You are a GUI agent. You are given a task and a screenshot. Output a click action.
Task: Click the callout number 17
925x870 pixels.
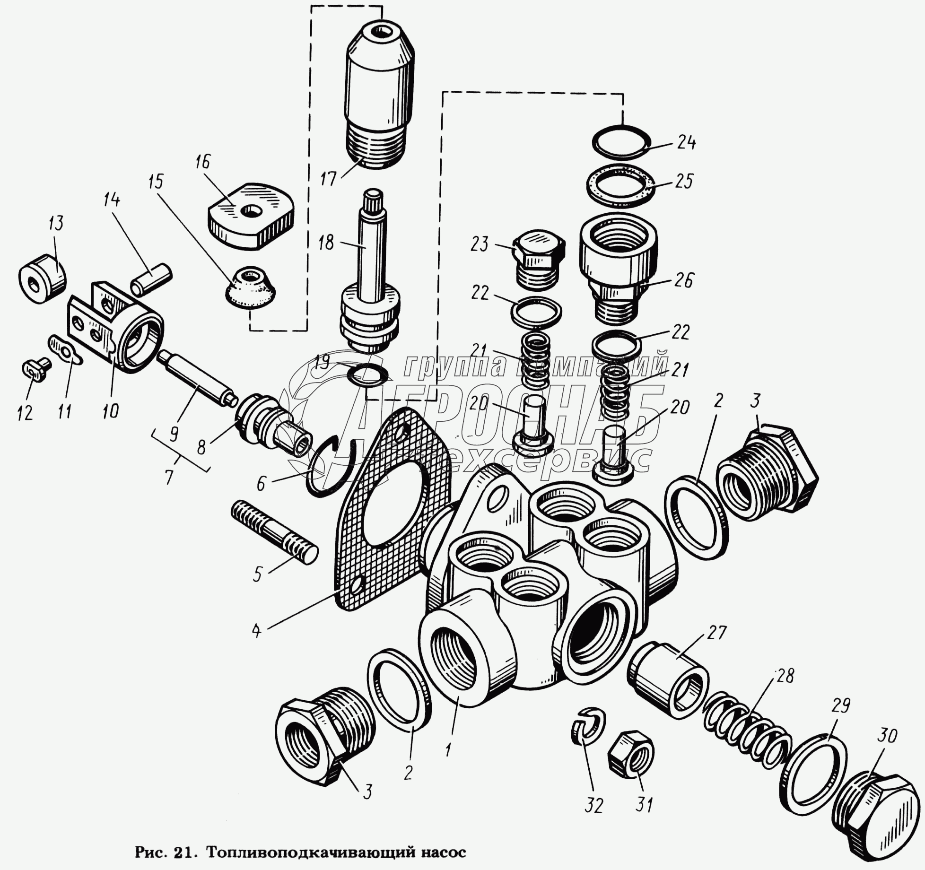pos(328,178)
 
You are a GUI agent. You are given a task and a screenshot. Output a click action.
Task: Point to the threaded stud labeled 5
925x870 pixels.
pos(274,532)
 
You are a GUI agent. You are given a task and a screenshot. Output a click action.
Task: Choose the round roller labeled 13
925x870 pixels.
pos(42,278)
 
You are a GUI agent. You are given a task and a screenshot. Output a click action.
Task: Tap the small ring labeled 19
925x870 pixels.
pos(368,375)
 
